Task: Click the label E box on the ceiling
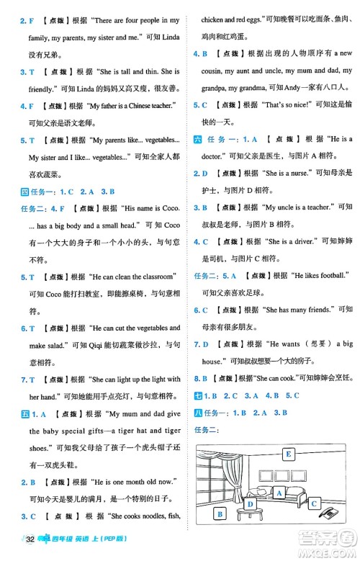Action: (x=289, y=454)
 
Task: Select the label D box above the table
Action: (x=251, y=504)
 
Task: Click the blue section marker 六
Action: (x=199, y=139)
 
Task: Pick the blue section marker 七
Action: (x=199, y=395)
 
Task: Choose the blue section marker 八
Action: (x=199, y=413)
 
